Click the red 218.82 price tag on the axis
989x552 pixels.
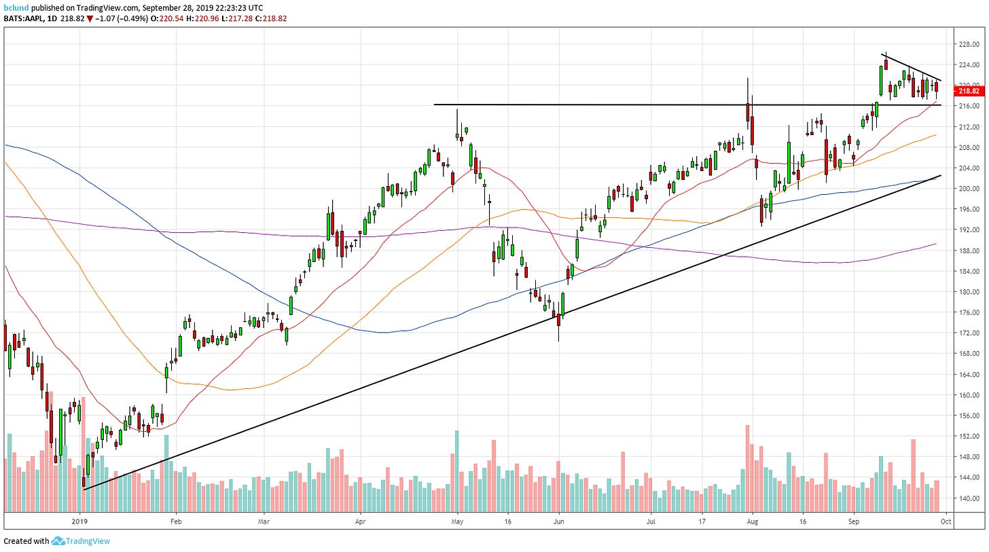tap(969, 91)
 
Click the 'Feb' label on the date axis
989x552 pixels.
tap(176, 521)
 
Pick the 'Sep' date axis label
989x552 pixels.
tap(855, 521)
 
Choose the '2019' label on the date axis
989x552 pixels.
tap(81, 521)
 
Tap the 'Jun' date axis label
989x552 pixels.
tap(559, 521)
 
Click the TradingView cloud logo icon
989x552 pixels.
tap(58, 541)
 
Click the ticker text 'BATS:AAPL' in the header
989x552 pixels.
tap(22, 18)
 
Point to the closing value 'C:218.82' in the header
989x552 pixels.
tap(270, 18)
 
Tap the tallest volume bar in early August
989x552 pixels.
tap(747, 468)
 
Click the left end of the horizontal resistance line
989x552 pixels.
tap(435, 105)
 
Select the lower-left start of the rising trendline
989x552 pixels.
tap(84, 488)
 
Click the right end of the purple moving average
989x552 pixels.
tap(937, 244)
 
